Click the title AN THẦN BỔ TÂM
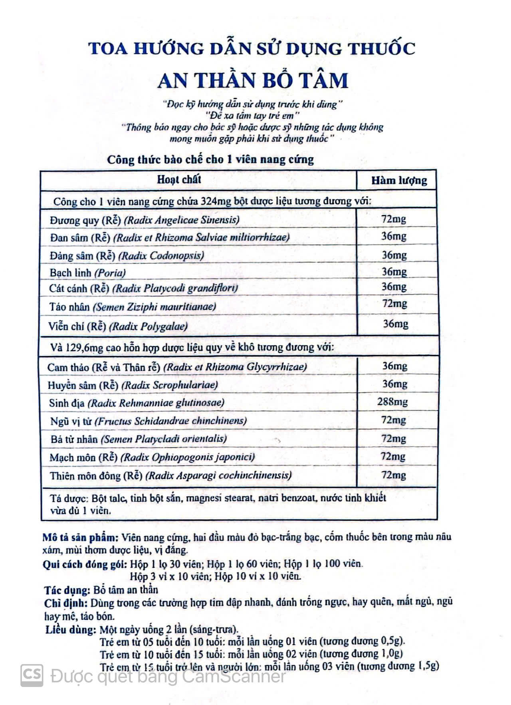point(253,80)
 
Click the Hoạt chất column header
point(179,179)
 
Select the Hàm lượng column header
point(399,181)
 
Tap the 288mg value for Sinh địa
point(392,402)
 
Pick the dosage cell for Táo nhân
point(394,304)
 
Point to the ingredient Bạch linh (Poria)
point(88,273)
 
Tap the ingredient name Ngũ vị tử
point(71,421)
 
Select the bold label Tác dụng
point(67,589)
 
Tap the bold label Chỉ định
point(66,603)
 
